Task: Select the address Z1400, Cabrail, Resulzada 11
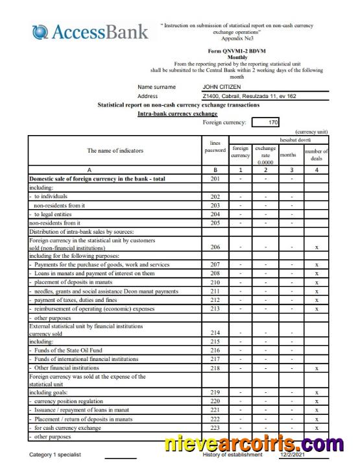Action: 249,96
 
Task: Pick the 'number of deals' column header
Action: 316,155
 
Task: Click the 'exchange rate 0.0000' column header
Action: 265,155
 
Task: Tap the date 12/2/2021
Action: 291,455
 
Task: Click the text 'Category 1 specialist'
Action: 55,455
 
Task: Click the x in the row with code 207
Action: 316,265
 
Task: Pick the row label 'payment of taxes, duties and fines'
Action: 75,299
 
